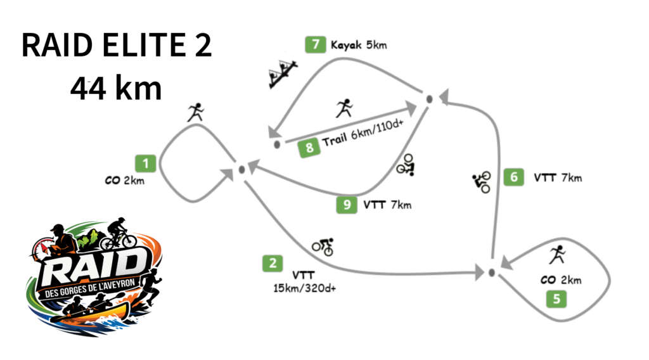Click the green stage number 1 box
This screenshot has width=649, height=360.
(145, 164)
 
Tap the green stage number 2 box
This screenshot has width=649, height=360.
(273, 263)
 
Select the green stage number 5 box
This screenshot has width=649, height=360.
(556, 299)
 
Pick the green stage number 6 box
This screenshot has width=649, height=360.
(513, 177)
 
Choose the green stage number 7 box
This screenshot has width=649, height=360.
(316, 44)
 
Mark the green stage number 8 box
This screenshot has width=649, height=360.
(309, 148)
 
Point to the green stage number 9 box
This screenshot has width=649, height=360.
(347, 205)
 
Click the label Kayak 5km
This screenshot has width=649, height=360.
(359, 45)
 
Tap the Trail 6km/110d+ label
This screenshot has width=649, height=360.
(363, 133)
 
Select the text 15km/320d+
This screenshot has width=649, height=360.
(304, 288)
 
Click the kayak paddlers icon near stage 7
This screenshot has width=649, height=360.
(283, 74)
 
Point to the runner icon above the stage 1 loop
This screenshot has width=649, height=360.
(196, 112)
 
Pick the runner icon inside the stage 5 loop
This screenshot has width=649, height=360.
(558, 255)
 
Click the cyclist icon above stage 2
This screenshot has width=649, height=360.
(323, 247)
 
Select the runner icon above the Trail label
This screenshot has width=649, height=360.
(344, 108)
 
